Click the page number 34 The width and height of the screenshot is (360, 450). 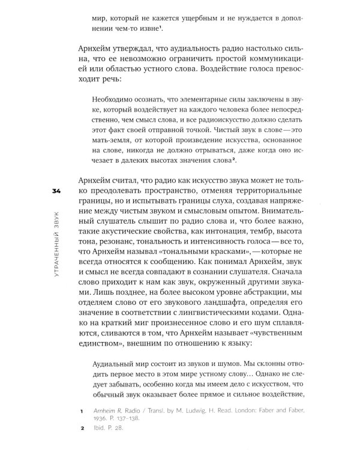[x=58, y=191]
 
